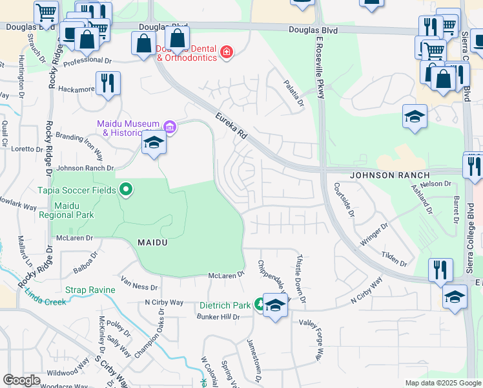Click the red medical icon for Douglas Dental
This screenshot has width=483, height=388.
coord(226,52)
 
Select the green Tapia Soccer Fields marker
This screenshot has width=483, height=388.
coord(126,189)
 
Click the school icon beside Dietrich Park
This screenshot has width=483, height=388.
coord(276,305)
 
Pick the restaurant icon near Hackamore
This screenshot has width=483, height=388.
coord(107,83)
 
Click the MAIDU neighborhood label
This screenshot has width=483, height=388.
coord(154,242)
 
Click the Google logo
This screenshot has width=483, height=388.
coord(22,380)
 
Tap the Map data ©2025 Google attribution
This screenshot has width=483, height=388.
coord(442,383)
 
